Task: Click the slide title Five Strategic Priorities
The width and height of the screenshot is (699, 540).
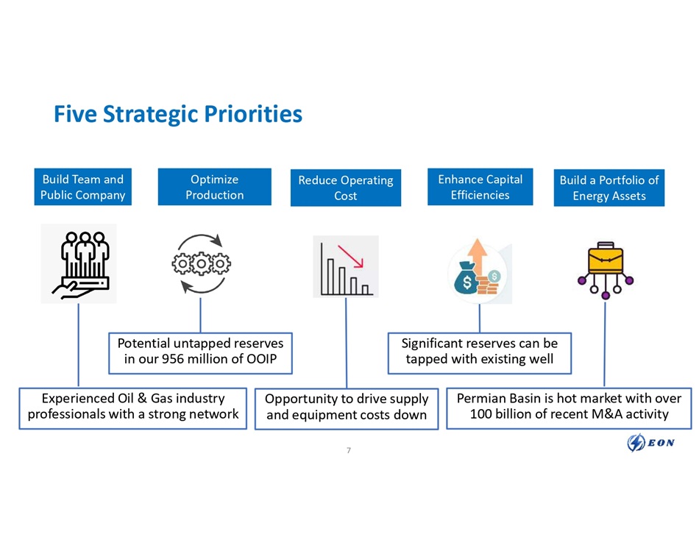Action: pyautogui.click(x=178, y=114)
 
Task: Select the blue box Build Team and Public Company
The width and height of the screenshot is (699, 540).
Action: pyautogui.click(x=82, y=187)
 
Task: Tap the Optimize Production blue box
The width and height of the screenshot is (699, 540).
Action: pyautogui.click(x=214, y=187)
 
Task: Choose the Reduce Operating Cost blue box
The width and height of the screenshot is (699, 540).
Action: pyautogui.click(x=345, y=188)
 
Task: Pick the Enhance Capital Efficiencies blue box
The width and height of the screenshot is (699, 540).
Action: pyautogui.click(x=480, y=187)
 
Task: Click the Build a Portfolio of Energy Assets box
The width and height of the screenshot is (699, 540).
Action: pyautogui.click(x=608, y=188)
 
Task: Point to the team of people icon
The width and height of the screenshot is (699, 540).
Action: pyautogui.click(x=79, y=263)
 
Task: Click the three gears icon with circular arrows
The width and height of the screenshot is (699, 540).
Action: pyautogui.click(x=201, y=263)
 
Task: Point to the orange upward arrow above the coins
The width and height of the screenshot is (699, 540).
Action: pyautogui.click(x=478, y=255)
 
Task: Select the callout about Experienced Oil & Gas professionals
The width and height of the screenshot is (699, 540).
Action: pyautogui.click(x=132, y=406)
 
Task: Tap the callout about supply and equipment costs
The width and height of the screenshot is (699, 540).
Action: pyautogui.click(x=346, y=407)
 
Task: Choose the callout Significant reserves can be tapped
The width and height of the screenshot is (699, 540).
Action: pyautogui.click(x=479, y=352)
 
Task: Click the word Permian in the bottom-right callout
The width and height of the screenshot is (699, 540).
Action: pyautogui.click(x=480, y=398)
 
